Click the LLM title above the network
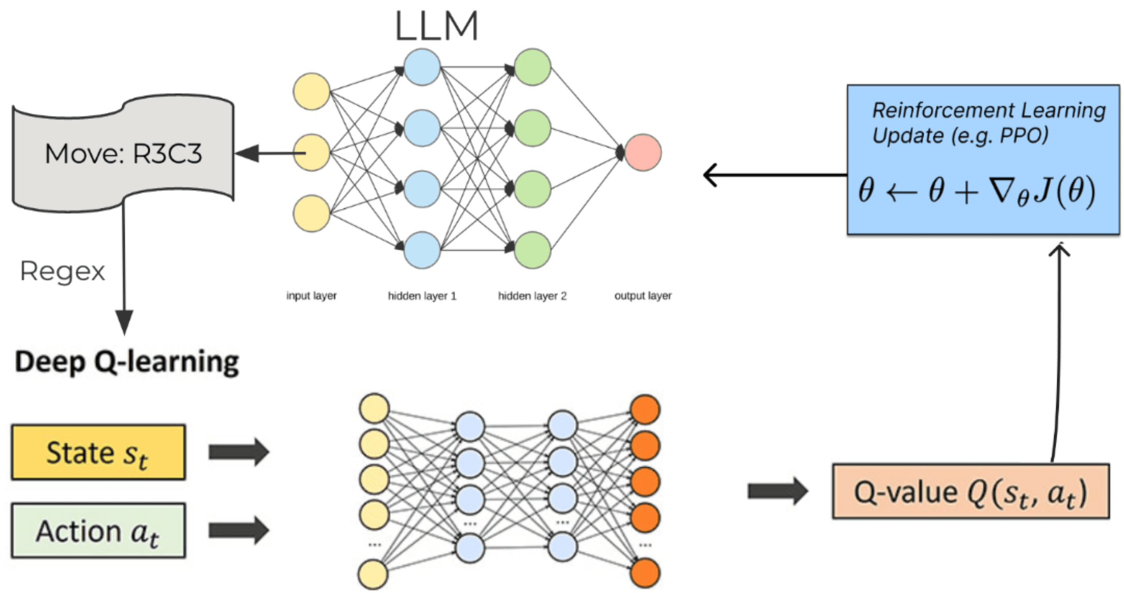click(x=436, y=26)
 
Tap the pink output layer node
click(x=643, y=153)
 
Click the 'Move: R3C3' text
click(x=123, y=154)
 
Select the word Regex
click(x=62, y=271)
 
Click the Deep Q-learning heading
click(x=127, y=361)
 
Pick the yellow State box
click(x=98, y=453)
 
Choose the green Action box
click(x=98, y=531)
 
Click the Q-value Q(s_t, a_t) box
click(x=970, y=491)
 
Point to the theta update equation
click(x=976, y=192)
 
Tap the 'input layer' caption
click(x=311, y=296)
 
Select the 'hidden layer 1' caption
click(x=422, y=296)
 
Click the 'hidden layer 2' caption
click(x=532, y=296)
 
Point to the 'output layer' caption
click(x=643, y=296)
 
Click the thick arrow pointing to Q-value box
click(x=777, y=491)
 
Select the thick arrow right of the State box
click(x=238, y=452)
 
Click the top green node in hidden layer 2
click(x=532, y=67)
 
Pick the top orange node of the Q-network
click(x=645, y=409)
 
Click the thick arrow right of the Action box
click(x=238, y=530)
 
